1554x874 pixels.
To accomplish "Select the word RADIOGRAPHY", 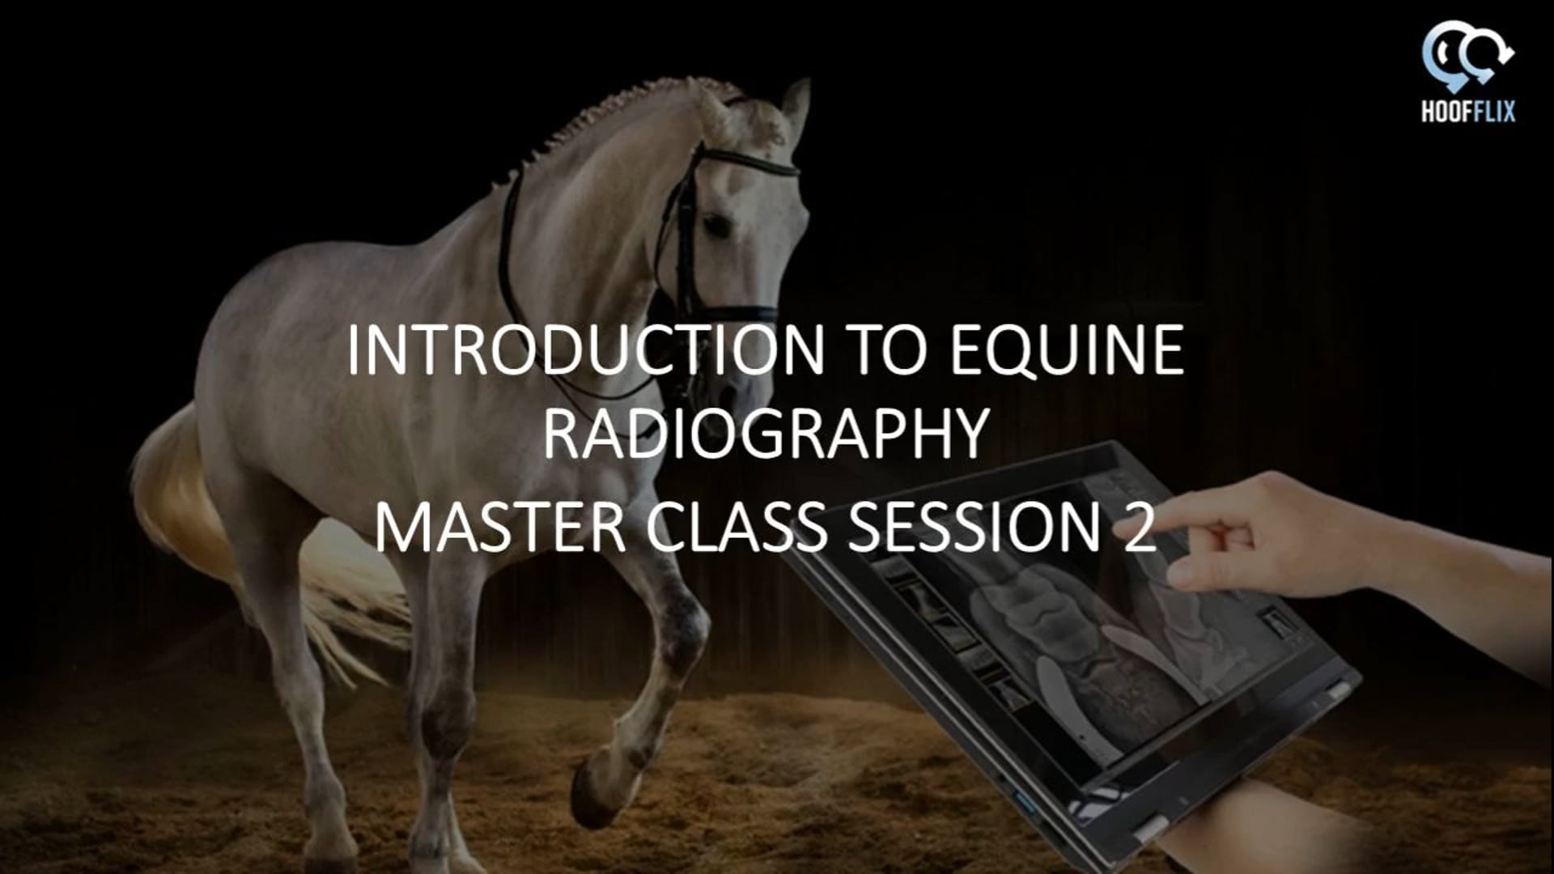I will tap(766, 435).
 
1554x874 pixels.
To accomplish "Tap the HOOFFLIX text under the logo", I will tap(1467, 112).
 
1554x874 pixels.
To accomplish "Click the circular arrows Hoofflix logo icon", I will tap(1467, 55).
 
